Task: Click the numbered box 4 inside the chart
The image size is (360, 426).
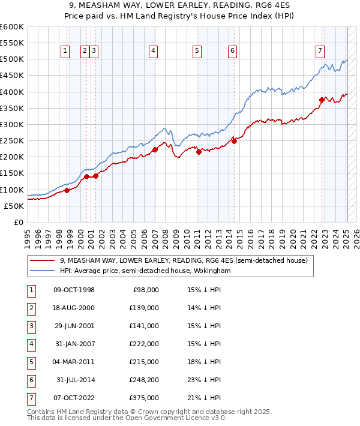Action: pos(154,52)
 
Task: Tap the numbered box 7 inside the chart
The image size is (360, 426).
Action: pos(320,52)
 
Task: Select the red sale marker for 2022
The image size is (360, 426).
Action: pos(322,100)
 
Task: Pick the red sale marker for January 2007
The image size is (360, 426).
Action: pos(155,150)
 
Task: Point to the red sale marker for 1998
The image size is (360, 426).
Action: pos(67,190)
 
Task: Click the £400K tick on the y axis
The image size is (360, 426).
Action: pos(12,92)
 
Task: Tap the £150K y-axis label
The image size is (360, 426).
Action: pos(12,173)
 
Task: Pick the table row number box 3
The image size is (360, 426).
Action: pos(30,326)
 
